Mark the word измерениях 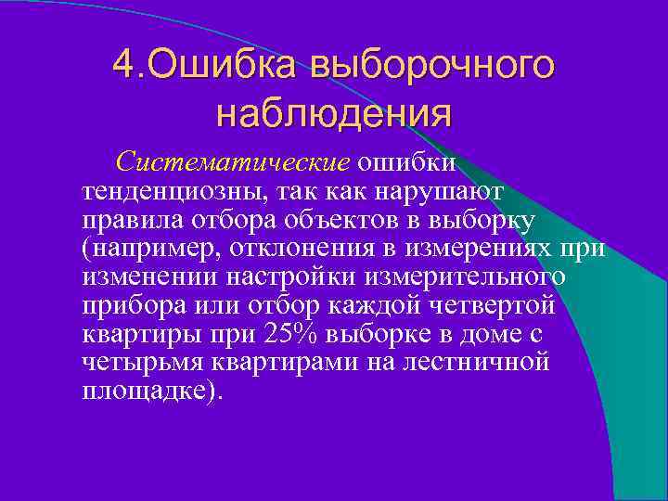click(x=490, y=250)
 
